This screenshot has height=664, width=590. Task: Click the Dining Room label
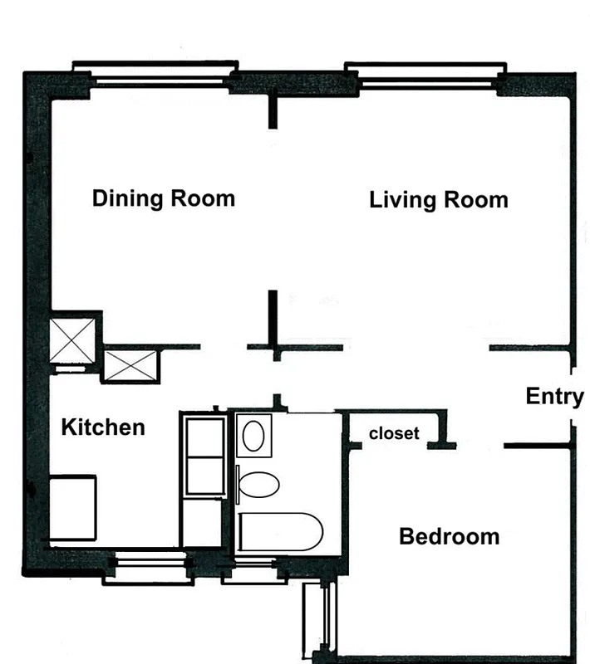pos(163,199)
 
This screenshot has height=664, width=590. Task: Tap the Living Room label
pos(438,200)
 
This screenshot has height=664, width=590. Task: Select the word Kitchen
pos(103,427)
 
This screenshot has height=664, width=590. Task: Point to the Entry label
pos(554,397)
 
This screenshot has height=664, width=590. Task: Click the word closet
pos(394,433)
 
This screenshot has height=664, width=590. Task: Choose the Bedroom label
pos(449,537)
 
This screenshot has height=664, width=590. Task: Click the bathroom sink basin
pos(254,436)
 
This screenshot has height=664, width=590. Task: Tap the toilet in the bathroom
pos(258,486)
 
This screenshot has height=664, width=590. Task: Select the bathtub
pos(278,532)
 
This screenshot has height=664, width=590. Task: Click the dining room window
pos(156,75)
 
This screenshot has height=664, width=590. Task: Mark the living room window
pos(425,75)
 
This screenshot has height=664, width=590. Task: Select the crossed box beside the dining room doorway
pos(130,365)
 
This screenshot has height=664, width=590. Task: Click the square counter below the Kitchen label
pos(73,506)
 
